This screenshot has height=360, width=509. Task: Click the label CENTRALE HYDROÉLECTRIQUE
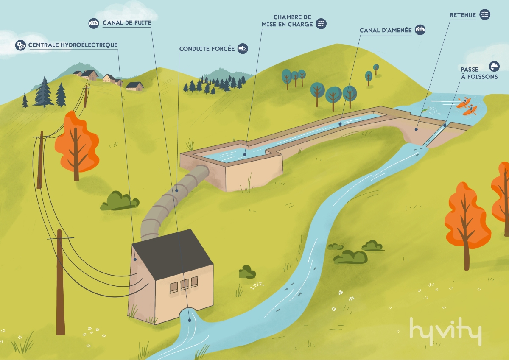pyautogui.click(x=73, y=45)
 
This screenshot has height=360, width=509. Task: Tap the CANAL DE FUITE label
pyautogui.click(x=127, y=23)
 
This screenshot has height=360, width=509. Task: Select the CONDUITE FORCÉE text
pyautogui.click(x=207, y=49)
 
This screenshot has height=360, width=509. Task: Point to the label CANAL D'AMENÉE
pyautogui.click(x=386, y=30)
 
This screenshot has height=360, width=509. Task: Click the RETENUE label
pyautogui.click(x=463, y=15)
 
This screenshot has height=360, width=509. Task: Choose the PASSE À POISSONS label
pyautogui.click(x=479, y=73)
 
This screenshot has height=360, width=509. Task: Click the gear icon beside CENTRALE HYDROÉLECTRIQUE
pyautogui.click(x=21, y=45)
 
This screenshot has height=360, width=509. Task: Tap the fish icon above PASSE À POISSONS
pyautogui.click(x=494, y=66)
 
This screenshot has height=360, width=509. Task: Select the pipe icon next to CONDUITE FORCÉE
pyautogui.click(x=243, y=49)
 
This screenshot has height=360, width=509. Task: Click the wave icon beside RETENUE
pyautogui.click(x=485, y=14)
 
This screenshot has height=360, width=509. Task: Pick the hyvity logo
pyautogui.click(x=446, y=332)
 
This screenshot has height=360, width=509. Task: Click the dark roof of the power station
pyautogui.click(x=173, y=254)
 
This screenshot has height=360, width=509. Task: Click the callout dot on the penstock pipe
pyautogui.click(x=177, y=190)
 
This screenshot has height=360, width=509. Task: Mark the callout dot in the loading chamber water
pyautogui.click(x=245, y=154)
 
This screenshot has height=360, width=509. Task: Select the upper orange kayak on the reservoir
pyautogui.click(x=463, y=103)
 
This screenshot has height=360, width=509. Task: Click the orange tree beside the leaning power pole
pyautogui.click(x=77, y=145)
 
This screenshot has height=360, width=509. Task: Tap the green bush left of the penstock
pyautogui.click(x=120, y=201)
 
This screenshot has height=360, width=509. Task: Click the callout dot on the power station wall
pyautogui.click(x=135, y=259)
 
